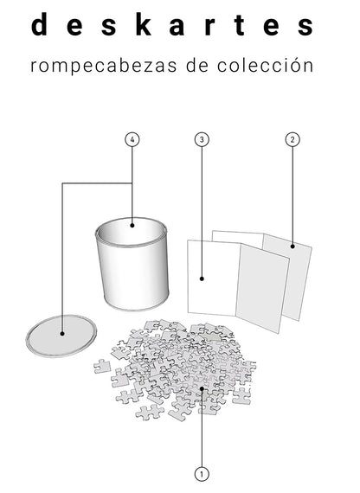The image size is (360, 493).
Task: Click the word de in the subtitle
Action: coord(196,67)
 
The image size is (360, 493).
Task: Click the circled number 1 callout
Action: coord(202,473)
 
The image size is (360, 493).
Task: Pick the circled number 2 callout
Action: coord(292,139)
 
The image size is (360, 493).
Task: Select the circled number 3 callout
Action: coord(202,139)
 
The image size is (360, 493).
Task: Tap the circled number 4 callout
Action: coord(132,139)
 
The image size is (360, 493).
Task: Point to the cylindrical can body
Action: coord(134,272)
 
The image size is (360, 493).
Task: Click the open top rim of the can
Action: coord(131,232)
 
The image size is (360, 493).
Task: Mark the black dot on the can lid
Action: coord(63,332)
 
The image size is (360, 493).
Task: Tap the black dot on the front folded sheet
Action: coord(202,279)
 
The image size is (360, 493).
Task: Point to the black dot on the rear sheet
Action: coord(292,246)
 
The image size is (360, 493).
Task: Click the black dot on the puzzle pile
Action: coord(202,390)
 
